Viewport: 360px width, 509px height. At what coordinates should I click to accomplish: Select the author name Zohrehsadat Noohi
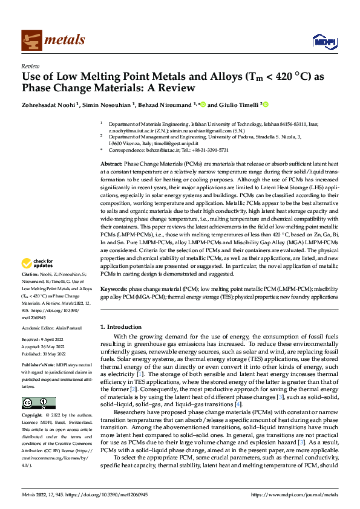46,104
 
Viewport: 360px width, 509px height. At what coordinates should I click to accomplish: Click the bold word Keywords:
113,290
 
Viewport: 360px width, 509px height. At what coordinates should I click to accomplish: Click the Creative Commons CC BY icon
38,403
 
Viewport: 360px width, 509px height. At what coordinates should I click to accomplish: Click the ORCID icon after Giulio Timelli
266,103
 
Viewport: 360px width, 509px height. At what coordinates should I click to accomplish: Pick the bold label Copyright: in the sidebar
33,417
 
